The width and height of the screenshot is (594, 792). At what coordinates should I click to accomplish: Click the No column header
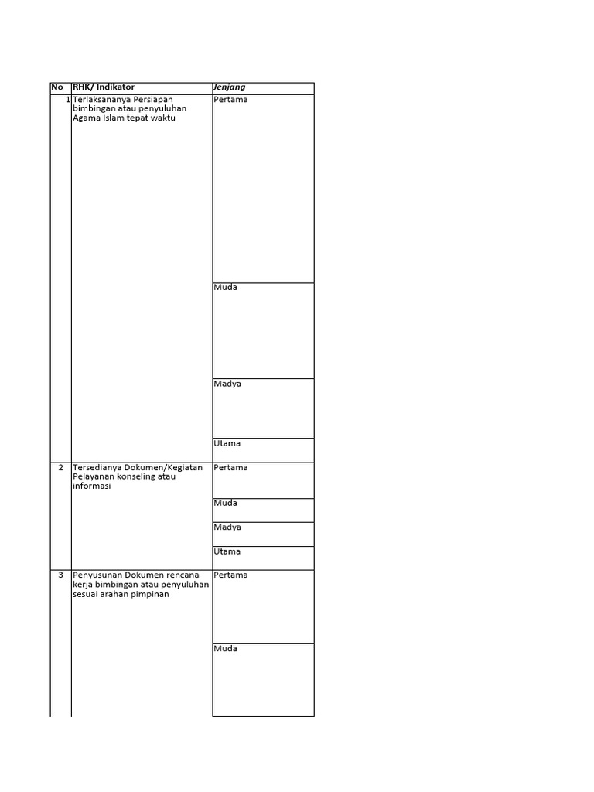56,87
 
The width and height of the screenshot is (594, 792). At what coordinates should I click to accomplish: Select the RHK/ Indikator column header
103,87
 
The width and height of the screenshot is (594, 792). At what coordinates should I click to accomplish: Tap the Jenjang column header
230,87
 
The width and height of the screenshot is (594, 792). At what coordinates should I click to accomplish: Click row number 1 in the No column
67,100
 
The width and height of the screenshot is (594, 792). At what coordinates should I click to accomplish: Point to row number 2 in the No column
61,468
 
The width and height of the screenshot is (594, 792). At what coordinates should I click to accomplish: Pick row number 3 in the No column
61,575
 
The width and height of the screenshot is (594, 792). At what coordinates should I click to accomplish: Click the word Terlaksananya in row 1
102,100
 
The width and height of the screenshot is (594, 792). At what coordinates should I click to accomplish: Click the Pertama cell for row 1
230,100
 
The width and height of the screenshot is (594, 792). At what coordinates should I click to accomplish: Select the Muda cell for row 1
226,288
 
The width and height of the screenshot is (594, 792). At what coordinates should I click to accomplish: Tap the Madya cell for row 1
227,384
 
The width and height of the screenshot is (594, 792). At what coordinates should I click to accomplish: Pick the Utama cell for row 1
227,444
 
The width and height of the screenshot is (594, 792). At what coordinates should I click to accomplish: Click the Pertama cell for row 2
230,468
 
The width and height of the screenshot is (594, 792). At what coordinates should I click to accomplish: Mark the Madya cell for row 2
227,527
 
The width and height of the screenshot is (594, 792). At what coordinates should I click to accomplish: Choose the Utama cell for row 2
227,552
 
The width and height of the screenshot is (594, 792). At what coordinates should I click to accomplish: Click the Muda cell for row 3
226,649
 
